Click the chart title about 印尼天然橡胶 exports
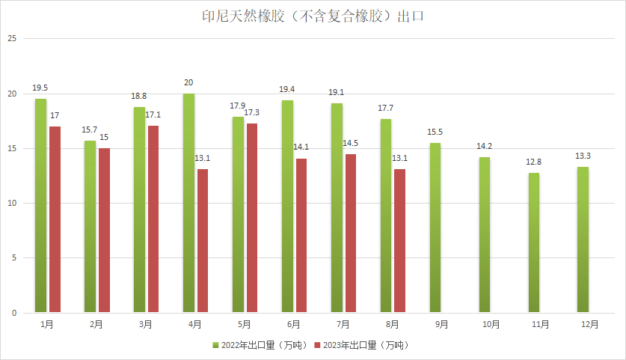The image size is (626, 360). click(x=313, y=16)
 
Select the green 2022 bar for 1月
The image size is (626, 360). click(x=40, y=206)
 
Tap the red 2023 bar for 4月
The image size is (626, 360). click(x=203, y=241)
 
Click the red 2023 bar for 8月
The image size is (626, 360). click(x=400, y=241)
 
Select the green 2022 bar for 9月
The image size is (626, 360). click(x=435, y=228)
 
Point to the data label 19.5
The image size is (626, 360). click(x=40, y=88)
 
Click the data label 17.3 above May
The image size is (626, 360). click(x=252, y=112)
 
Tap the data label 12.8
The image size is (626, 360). click(x=534, y=162)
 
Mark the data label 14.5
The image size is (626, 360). click(x=351, y=143)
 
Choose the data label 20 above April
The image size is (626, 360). click(x=188, y=82)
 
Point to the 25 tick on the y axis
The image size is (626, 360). click(x=11, y=39)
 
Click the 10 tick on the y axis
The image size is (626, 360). click(x=11, y=204)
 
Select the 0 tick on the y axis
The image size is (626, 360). click(x=13, y=313)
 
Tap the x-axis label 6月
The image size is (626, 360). click(x=293, y=324)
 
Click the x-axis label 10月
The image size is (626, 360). click(x=491, y=324)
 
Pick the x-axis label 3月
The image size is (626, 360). click(x=145, y=324)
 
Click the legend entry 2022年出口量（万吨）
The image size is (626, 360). click(x=262, y=345)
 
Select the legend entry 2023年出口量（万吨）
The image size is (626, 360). click(x=363, y=345)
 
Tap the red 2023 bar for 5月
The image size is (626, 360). click(x=252, y=218)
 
